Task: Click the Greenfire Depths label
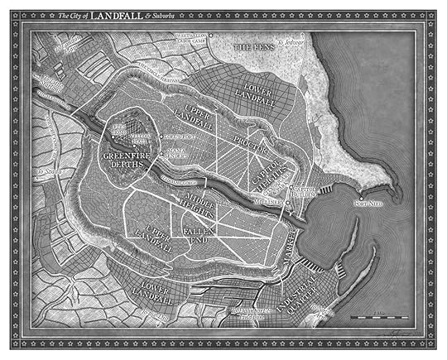125,161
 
